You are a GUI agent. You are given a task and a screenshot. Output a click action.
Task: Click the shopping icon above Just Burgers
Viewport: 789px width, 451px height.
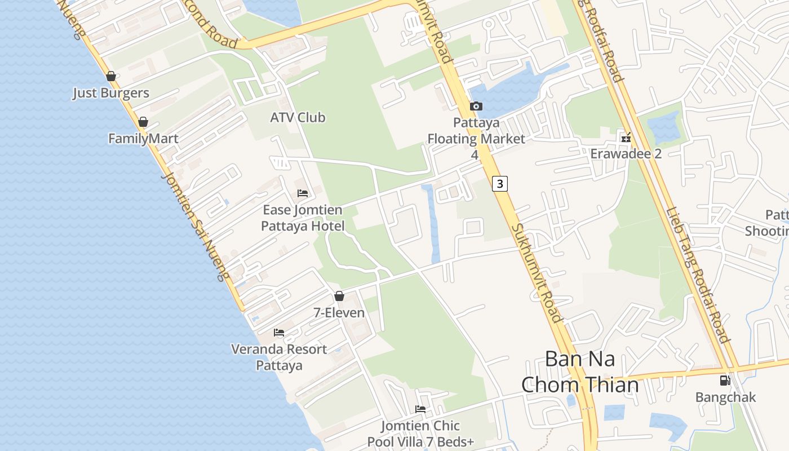(x=111, y=76)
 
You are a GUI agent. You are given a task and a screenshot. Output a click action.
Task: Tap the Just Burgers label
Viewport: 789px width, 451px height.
(x=111, y=93)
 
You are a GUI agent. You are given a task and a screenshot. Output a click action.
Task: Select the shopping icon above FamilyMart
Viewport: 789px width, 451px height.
(x=143, y=122)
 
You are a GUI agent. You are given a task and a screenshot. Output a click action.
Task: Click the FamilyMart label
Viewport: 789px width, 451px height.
(x=143, y=139)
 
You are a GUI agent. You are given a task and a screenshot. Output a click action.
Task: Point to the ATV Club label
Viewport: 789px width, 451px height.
(x=298, y=117)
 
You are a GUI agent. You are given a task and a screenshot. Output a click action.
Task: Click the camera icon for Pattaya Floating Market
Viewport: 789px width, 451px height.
(x=476, y=106)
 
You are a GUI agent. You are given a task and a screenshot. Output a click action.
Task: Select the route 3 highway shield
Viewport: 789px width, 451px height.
(x=500, y=183)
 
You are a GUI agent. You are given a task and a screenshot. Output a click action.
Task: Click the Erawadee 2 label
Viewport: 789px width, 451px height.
(x=626, y=154)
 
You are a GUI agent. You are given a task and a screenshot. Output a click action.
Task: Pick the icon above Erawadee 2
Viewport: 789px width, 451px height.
(x=626, y=137)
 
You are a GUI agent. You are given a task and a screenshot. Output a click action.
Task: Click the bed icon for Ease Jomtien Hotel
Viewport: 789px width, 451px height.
(x=303, y=193)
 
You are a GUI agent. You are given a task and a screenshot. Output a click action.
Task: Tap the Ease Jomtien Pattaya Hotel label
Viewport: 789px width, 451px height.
(x=303, y=218)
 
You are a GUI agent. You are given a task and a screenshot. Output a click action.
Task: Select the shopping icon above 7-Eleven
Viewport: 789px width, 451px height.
(x=339, y=296)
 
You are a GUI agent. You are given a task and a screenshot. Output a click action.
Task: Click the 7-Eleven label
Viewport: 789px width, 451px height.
(x=339, y=312)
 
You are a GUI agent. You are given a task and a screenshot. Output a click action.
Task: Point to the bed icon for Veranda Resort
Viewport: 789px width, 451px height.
(x=279, y=333)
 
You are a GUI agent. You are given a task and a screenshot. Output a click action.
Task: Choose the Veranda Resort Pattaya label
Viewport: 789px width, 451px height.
(x=279, y=357)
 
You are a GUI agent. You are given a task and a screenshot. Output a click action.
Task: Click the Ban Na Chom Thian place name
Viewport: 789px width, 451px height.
(x=580, y=372)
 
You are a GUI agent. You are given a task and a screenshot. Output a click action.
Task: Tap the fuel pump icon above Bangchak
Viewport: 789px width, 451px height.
(x=725, y=381)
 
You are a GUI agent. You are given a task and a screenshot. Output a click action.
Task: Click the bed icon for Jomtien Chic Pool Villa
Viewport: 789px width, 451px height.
(x=420, y=409)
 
